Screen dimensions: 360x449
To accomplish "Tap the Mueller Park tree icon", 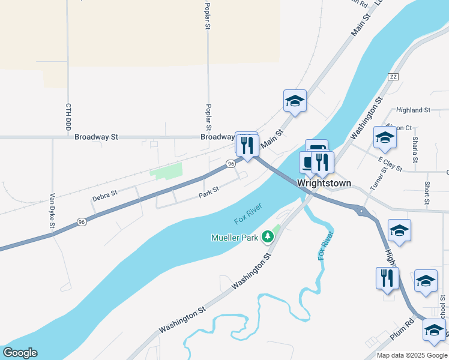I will (268, 238).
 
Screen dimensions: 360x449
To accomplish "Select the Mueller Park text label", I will (235, 238).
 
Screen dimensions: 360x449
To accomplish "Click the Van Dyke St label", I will (52, 211).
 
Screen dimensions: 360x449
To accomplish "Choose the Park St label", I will (209, 191).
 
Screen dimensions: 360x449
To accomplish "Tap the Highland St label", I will (414, 110).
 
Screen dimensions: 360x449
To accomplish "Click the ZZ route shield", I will (393, 77).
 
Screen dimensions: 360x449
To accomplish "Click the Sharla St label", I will (415, 149).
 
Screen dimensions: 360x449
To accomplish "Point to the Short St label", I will (427, 193).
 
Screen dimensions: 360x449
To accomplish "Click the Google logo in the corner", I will (20, 353).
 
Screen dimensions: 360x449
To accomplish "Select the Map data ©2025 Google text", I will (412, 355).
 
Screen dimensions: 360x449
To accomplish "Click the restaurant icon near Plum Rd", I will (387, 278).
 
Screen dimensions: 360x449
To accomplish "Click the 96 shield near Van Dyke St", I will (82, 223).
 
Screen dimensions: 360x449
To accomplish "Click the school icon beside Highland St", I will (385, 137).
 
